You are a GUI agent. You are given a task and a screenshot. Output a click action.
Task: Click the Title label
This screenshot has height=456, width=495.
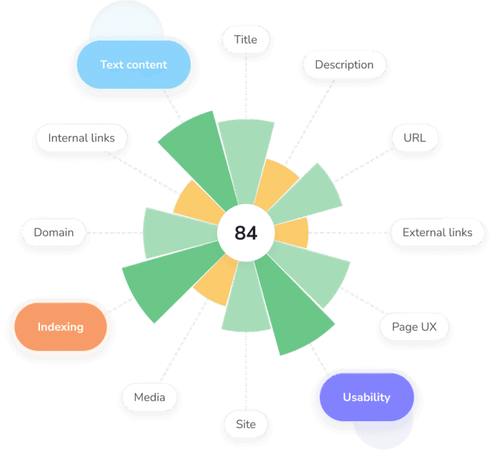(x=246, y=40)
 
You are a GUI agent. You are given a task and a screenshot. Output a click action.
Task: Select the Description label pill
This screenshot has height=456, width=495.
(x=344, y=65)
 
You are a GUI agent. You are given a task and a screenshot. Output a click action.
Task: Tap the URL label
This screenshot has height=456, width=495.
(x=414, y=138)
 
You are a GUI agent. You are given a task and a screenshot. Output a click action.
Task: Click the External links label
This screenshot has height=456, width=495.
(x=437, y=233)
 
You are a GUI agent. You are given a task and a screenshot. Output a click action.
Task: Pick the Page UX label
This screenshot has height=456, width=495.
(x=414, y=327)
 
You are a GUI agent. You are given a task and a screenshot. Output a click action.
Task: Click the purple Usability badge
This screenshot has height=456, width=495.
(x=366, y=397)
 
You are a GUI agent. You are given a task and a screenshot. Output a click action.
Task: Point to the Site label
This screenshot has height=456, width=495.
(x=246, y=424)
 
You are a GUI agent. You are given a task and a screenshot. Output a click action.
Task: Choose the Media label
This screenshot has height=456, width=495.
(x=150, y=397)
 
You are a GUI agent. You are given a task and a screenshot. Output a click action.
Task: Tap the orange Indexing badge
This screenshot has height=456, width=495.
(x=61, y=327)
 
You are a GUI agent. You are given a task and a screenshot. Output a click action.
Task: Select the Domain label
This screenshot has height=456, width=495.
(x=53, y=233)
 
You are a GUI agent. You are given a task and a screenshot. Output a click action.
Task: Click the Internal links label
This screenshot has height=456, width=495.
(x=81, y=138)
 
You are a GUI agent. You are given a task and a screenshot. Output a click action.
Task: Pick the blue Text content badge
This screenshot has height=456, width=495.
(x=133, y=65)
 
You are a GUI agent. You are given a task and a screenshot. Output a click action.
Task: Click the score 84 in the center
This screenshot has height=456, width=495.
(x=246, y=233)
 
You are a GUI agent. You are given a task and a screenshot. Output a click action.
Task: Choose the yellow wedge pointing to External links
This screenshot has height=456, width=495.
(x=293, y=233)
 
